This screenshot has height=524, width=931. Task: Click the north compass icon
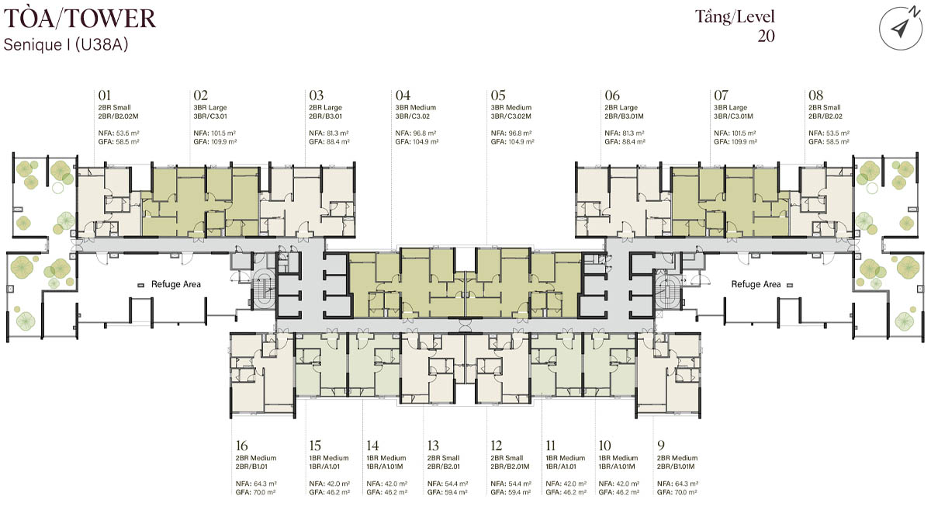tap(900, 28)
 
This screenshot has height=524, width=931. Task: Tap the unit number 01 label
tap(104, 95)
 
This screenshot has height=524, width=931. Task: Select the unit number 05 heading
tap(498, 95)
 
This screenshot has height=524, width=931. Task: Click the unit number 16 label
tap(241, 446)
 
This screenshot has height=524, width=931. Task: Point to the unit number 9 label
tap(661, 446)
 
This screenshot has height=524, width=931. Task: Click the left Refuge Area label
tap(176, 284)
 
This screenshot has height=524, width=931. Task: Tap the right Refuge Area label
tap(756, 284)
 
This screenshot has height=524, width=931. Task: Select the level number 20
tap(766, 36)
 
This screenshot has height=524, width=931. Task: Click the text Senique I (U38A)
tap(66, 44)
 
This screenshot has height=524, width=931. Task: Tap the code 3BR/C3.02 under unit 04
tap(412, 116)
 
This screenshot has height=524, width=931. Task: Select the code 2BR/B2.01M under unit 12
tap(510, 467)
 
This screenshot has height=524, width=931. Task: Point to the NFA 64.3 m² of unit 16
tap(256, 484)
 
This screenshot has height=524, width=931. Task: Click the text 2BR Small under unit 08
tap(824, 107)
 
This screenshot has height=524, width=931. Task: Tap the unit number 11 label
tap(550, 446)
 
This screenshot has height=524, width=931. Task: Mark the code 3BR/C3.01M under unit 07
tap(734, 116)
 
